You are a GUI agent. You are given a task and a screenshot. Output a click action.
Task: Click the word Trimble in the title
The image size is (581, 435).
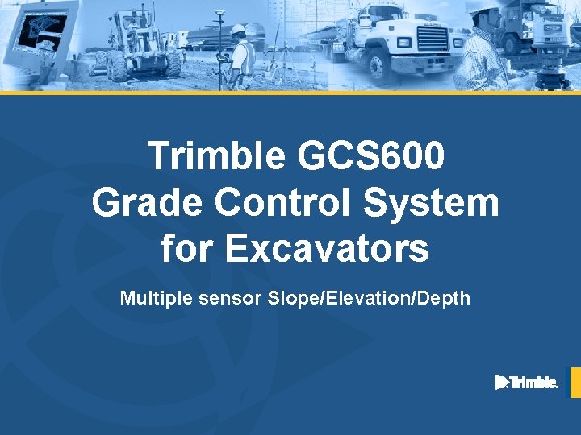(x=217, y=156)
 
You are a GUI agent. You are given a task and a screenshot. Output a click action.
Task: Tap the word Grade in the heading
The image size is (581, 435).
(x=147, y=202)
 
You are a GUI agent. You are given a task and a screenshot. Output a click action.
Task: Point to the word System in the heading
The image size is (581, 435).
(x=432, y=202)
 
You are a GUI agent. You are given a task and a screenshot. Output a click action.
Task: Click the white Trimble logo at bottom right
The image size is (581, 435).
(x=526, y=383)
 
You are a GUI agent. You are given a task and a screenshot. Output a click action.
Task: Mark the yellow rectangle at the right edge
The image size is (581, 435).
(x=575, y=383)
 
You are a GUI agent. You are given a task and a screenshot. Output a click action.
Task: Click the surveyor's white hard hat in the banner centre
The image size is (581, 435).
(x=237, y=30)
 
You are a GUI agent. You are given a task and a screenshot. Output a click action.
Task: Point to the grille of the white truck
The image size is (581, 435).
(x=432, y=39)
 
